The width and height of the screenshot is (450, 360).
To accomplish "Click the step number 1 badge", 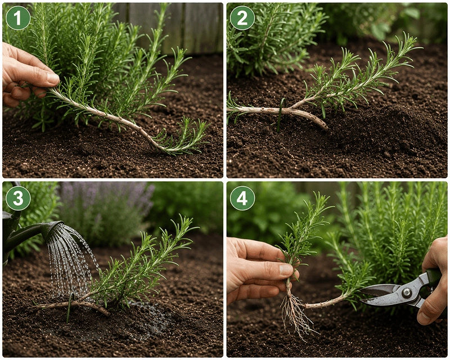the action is point(18,18).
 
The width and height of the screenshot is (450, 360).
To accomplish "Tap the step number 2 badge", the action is point(242,18).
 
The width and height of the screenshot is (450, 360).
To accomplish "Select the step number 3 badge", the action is point(18,198).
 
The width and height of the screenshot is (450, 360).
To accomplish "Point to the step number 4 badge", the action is point(242,198).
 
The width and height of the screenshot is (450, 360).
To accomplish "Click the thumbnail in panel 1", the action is point(52,78).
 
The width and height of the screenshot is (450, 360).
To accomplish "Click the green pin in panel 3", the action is point(69,307).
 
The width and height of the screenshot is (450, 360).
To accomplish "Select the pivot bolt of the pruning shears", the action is point(406,293).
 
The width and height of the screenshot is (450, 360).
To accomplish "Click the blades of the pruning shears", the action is point(382,294).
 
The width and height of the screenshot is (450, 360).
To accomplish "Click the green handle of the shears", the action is point(433,278).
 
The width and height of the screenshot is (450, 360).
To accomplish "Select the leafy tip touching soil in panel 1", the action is point(184,138).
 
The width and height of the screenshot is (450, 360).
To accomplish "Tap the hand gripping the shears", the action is point(433,287).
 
